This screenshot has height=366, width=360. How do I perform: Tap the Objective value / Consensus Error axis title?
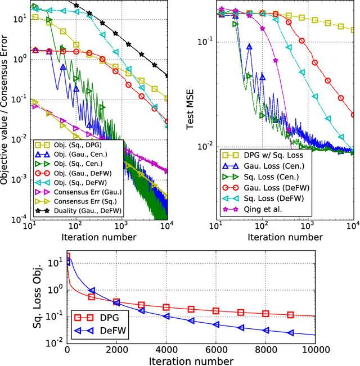coord(7,112)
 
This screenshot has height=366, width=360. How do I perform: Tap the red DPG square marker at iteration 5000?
coord(191,309)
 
